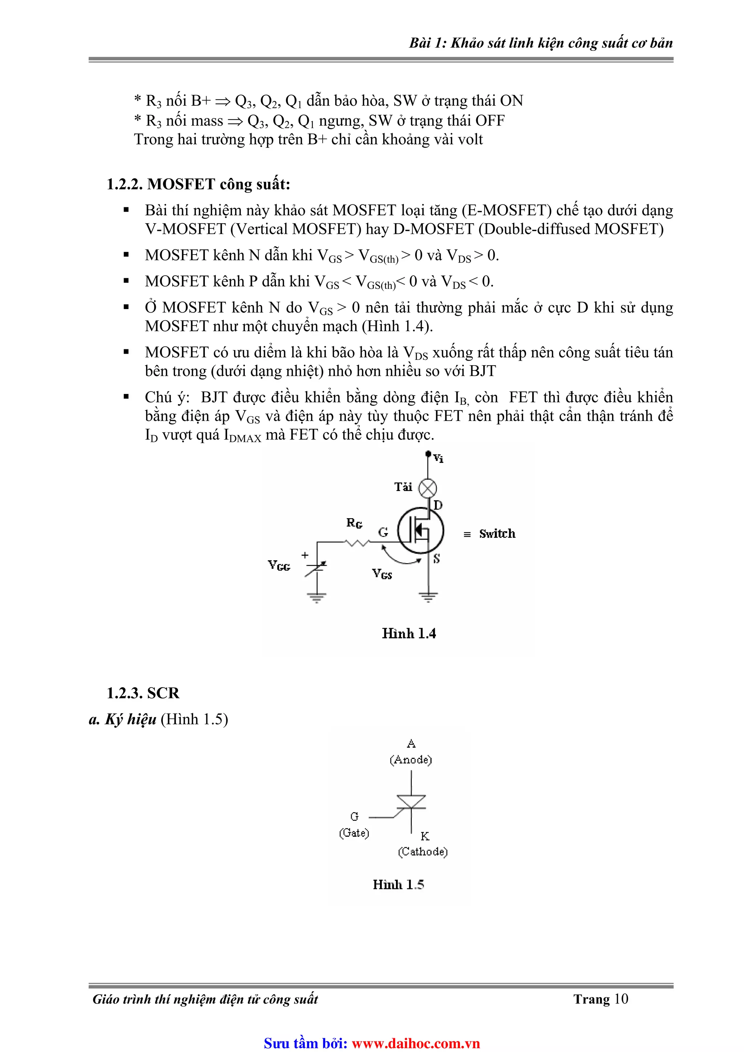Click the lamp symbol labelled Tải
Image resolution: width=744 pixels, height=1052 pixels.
click(428, 488)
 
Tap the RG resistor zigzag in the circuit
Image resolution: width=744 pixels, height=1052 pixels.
click(357, 543)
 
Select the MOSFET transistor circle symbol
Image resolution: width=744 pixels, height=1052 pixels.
click(421, 531)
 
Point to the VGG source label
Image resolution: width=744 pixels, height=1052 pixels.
click(279, 565)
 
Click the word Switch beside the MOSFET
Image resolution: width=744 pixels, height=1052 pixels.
click(497, 534)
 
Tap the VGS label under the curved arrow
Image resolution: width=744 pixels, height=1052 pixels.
click(382, 574)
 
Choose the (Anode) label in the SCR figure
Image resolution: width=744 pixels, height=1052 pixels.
click(411, 760)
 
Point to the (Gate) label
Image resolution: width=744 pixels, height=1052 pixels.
click(354, 833)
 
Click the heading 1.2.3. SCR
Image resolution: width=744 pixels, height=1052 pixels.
click(143, 693)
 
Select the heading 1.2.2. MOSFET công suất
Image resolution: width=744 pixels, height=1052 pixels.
click(198, 184)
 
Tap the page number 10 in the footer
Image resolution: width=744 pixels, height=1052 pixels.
click(621, 999)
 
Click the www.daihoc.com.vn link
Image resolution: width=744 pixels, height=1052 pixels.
click(415, 1043)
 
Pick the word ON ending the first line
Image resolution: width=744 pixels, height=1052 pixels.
click(511, 100)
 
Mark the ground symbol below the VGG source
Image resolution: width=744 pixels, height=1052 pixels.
click(317, 597)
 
